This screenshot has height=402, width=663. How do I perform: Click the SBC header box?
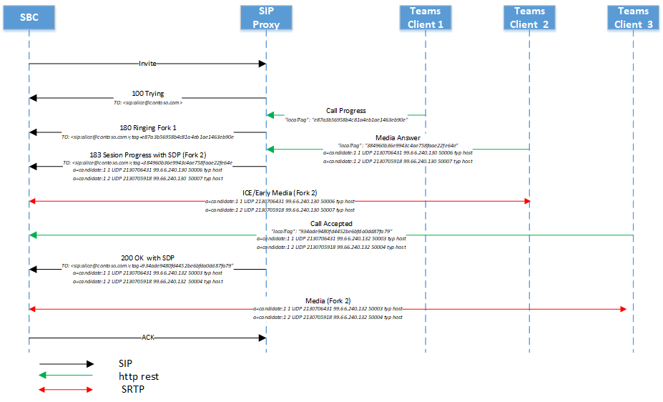coord(29,17)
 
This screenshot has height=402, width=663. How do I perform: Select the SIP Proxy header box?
coord(265,17)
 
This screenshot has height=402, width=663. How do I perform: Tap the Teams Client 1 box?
coord(426,17)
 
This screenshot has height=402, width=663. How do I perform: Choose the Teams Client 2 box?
coord(529,17)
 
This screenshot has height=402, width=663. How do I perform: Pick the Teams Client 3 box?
coord(633,17)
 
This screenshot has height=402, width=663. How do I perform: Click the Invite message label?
coord(147,64)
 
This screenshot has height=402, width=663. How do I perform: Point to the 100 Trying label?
coord(148,93)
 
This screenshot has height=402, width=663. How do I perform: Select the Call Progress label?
coord(346,111)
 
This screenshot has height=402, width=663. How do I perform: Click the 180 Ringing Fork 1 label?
coord(147,127)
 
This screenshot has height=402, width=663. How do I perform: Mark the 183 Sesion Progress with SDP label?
coord(148,155)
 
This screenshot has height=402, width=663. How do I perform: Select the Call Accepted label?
coord(331,223)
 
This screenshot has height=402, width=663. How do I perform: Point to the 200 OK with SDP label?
coord(148,257)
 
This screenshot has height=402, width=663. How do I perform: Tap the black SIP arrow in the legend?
coord(66,363)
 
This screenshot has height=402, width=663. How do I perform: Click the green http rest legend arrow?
coord(66,376)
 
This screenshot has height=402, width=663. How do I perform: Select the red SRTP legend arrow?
coord(66,390)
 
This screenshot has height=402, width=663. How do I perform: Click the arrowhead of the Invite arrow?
coord(261,64)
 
